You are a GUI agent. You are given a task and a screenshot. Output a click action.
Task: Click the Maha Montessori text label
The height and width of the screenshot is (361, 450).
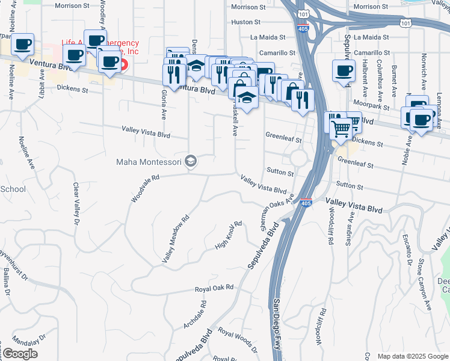(x=150, y=162)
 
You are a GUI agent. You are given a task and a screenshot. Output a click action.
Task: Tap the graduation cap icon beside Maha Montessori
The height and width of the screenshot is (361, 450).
(x=191, y=161)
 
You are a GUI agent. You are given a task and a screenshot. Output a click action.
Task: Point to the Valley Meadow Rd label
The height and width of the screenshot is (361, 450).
(x=176, y=239)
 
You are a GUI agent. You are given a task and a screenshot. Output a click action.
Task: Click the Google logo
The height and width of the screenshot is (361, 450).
(x=20, y=354)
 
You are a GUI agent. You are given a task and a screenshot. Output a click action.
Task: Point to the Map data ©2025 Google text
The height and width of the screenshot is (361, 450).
(x=412, y=356)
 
